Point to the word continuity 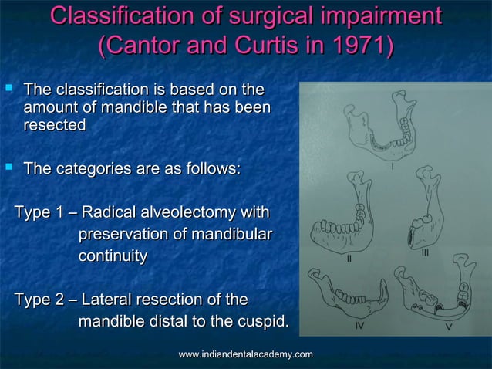point(113,256)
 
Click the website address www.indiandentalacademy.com point(245,354)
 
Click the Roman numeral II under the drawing point(349,259)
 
